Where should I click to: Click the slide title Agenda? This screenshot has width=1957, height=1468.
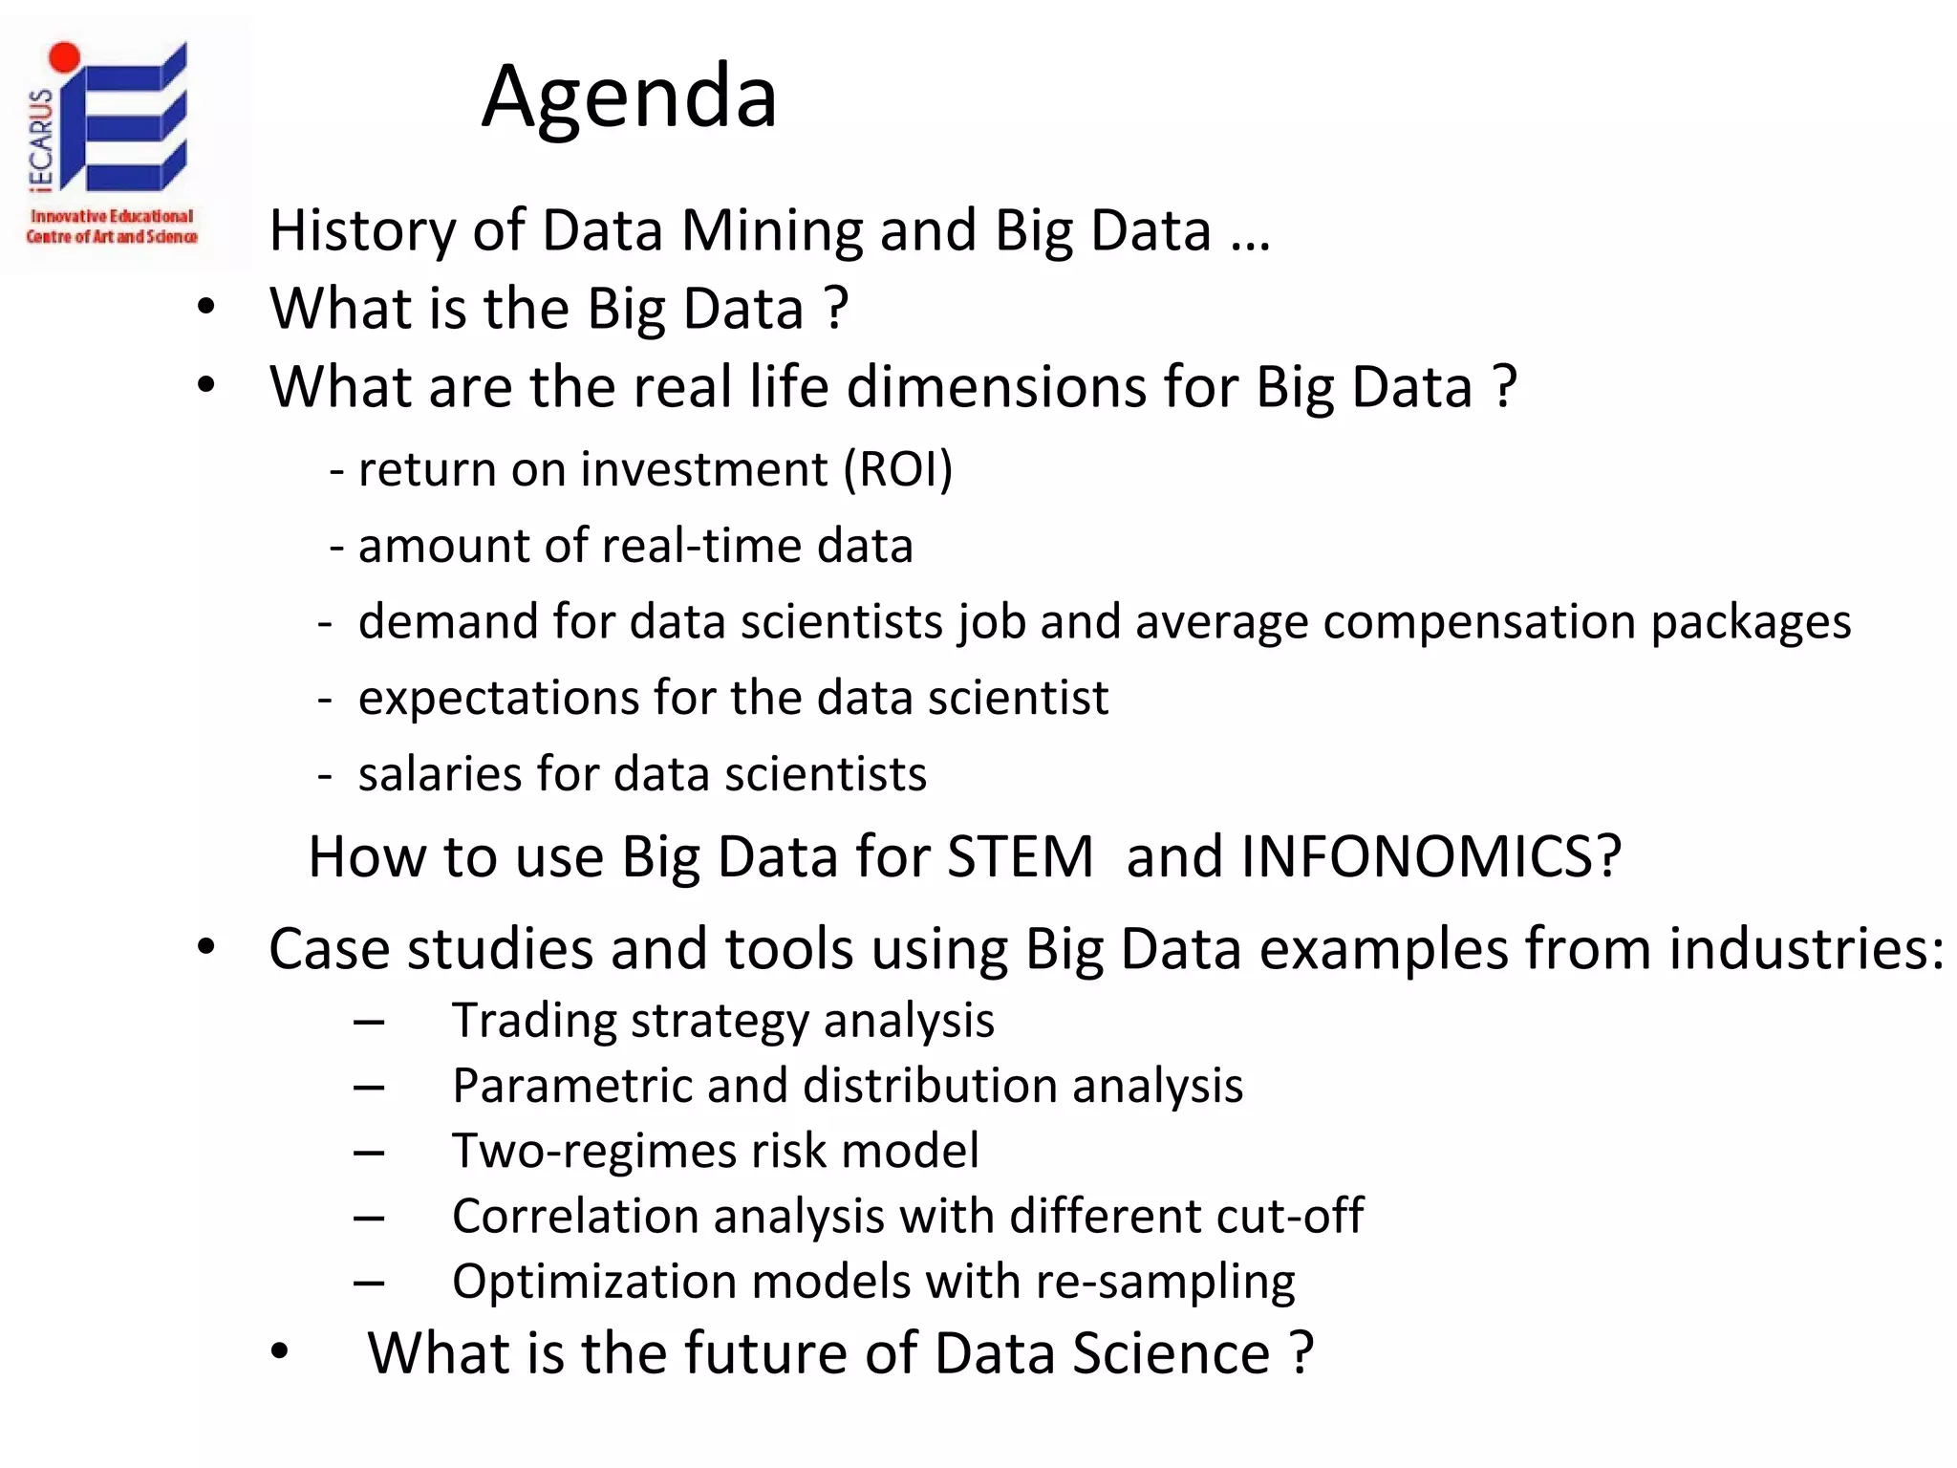tap(630, 96)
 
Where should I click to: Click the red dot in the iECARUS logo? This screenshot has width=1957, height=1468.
tap(64, 56)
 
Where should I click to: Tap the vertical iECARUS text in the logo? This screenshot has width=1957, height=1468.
tap(41, 140)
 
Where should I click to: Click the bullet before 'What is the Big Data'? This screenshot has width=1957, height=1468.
tap(205, 308)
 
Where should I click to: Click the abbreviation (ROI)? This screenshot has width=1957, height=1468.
tap(898, 469)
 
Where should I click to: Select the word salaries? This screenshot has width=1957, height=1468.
tap(439, 773)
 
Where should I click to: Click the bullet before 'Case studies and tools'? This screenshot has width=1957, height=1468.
tap(205, 948)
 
